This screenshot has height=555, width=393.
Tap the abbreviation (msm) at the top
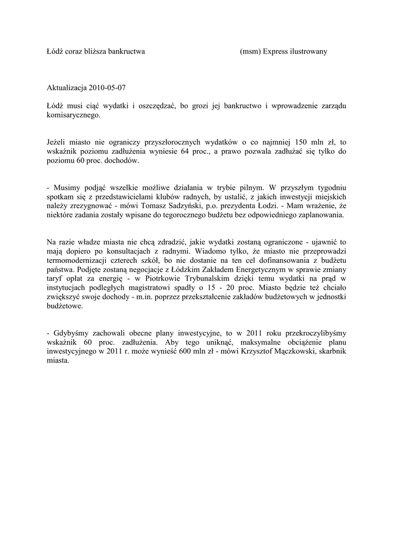coord(250,51)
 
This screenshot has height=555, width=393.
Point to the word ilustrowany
coord(310,51)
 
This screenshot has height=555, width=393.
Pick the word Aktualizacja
coord(67,87)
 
